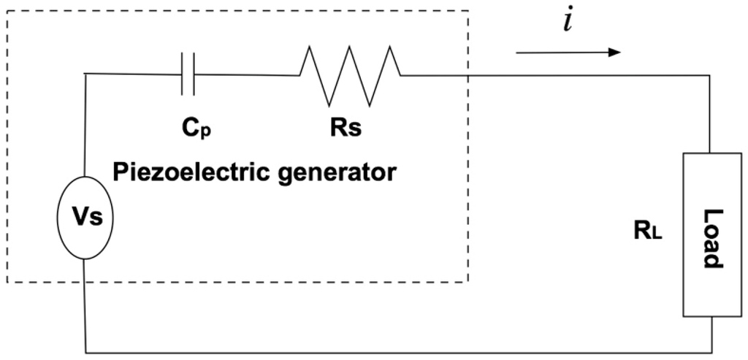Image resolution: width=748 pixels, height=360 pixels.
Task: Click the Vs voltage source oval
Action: click(85, 218)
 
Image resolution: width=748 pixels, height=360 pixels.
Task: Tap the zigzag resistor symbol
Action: click(350, 74)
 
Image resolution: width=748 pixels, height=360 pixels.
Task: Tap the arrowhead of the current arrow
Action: click(615, 53)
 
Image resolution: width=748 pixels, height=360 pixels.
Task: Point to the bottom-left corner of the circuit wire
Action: click(85, 352)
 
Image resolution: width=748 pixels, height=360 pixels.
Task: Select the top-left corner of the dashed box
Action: click(7, 11)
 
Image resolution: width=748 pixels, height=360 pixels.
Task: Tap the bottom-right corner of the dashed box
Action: click(467, 282)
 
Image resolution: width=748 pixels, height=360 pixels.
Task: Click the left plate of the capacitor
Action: click(183, 74)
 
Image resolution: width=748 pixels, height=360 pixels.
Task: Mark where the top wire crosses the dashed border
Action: click(467, 74)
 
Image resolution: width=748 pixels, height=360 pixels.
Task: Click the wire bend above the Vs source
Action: click(85, 74)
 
